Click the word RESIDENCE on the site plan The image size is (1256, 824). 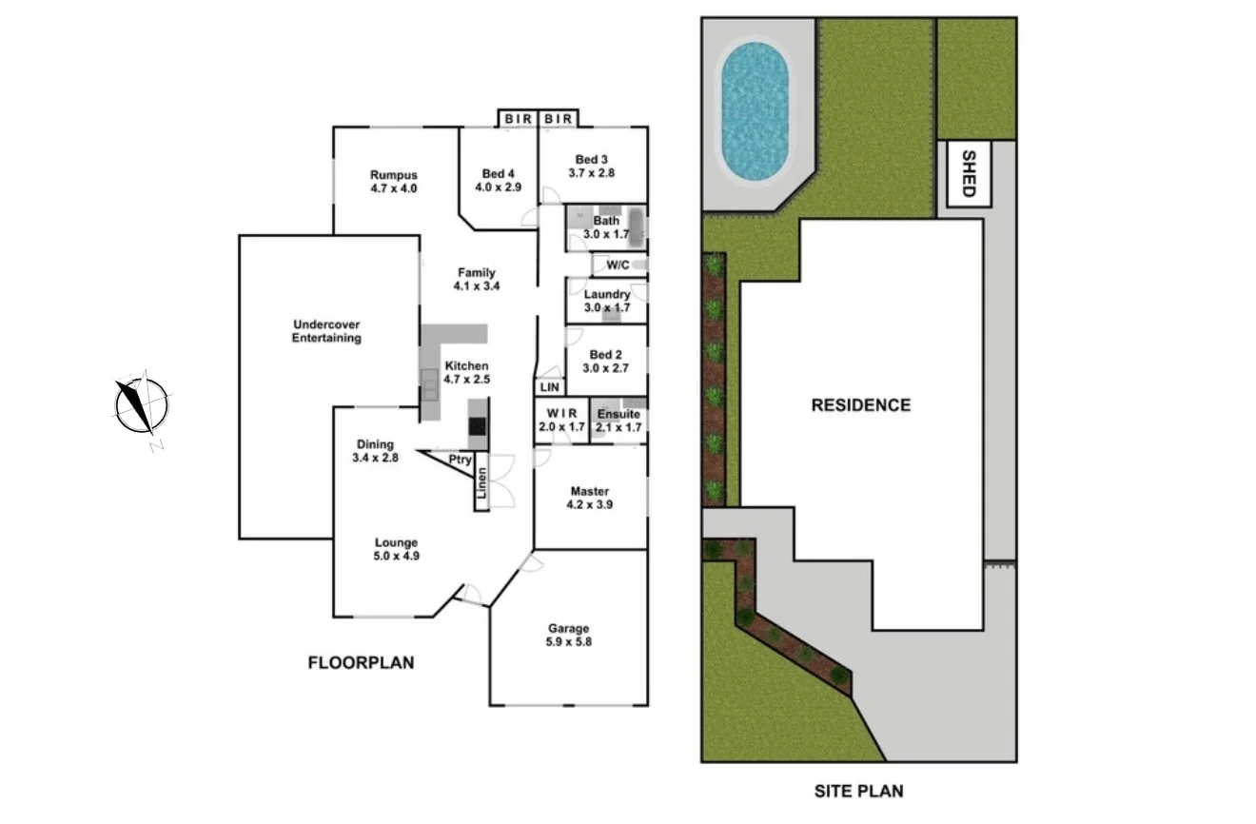click(860, 405)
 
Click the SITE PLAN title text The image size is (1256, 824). click(859, 791)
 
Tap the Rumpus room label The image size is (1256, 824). click(394, 182)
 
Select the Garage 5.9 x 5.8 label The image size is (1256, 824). click(568, 635)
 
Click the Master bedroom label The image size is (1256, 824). click(590, 498)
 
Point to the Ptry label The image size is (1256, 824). click(461, 461)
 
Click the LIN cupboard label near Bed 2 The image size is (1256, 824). click(550, 387)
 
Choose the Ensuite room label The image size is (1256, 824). click(618, 421)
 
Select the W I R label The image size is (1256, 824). click(560, 421)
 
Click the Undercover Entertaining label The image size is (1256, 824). click(326, 331)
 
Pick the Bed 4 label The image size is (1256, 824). click(498, 180)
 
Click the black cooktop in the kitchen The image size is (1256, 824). click(478, 427)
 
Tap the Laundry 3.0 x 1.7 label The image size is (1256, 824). click(607, 301)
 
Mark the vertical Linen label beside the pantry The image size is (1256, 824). click(481, 484)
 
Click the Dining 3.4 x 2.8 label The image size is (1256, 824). click(375, 451)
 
